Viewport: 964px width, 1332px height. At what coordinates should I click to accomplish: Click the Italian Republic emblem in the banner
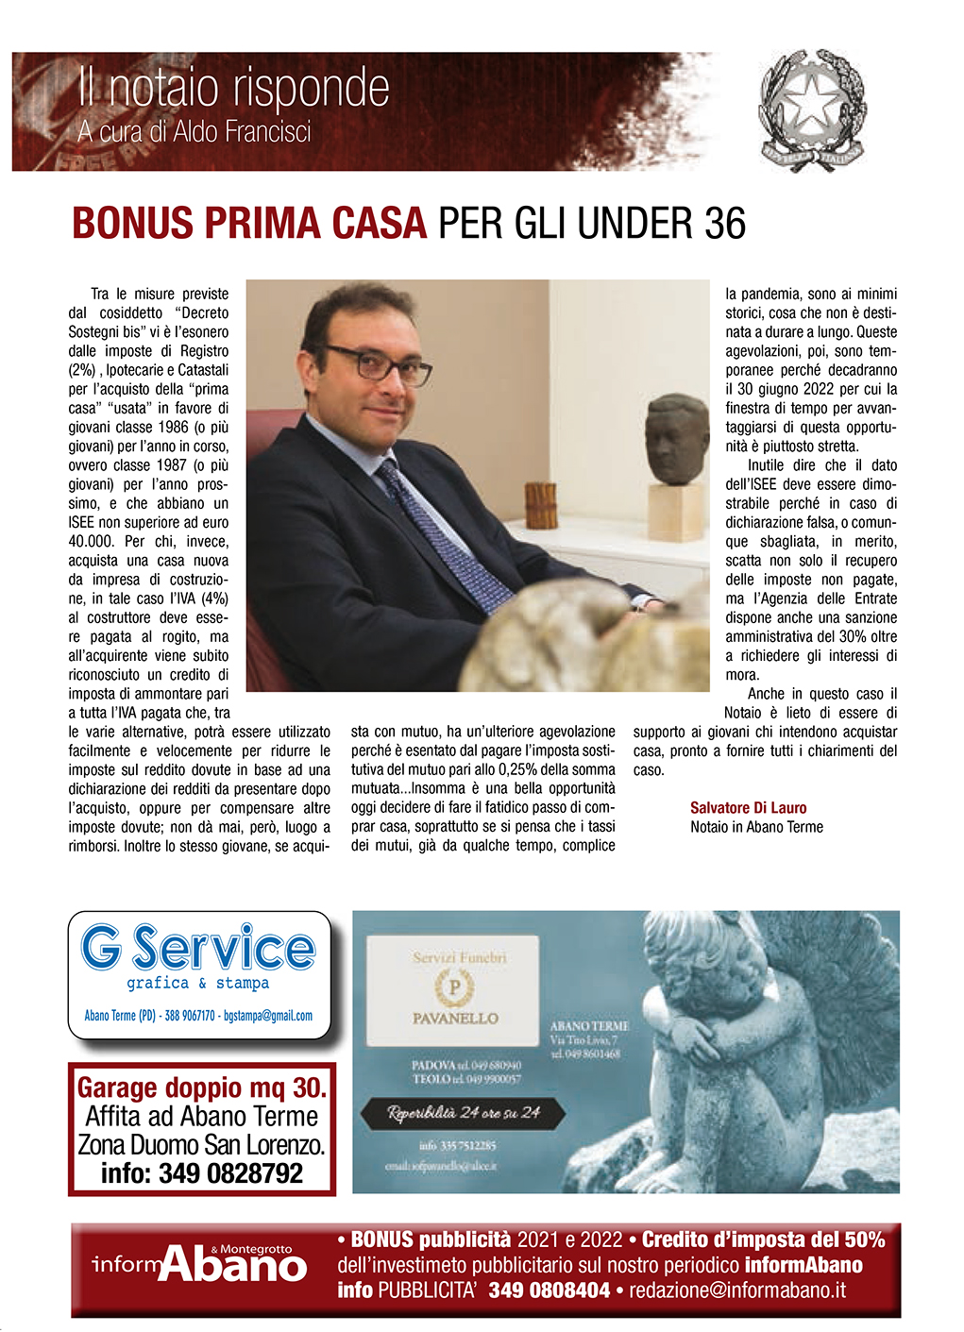click(x=813, y=110)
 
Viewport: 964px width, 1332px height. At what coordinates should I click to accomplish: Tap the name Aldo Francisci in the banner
click(x=243, y=131)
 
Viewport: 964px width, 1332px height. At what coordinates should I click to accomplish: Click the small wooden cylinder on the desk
click(x=541, y=505)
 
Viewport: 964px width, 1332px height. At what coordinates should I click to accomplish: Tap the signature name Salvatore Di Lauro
click(x=748, y=808)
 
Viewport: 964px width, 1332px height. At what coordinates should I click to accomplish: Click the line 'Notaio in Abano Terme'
click(x=756, y=827)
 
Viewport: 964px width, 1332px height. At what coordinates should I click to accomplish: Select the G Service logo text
click(x=198, y=948)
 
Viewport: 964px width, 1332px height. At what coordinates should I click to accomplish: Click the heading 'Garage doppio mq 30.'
click(x=202, y=1088)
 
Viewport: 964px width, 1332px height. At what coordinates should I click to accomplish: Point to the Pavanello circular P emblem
click(x=454, y=987)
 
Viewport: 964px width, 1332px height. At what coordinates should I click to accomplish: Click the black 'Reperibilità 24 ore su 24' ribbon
click(x=463, y=1113)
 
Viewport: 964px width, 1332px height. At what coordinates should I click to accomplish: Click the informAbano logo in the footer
click(x=200, y=1265)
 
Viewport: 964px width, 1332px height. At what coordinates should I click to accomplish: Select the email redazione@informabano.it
click(x=737, y=1290)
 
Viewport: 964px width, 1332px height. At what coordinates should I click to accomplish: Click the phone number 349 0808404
click(x=549, y=1290)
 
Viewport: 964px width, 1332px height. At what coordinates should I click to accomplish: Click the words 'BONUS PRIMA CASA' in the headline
click(x=249, y=224)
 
